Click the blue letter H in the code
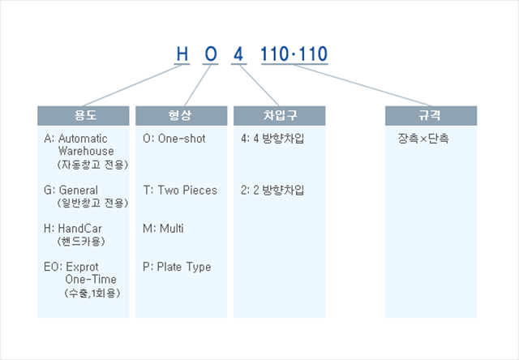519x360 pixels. pyautogui.click(x=182, y=54)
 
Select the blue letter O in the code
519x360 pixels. pyautogui.click(x=211, y=54)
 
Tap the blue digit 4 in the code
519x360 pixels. pyautogui.click(x=238, y=54)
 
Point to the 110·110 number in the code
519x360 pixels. pyautogui.click(x=294, y=54)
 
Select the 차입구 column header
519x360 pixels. pyautogui.click(x=279, y=115)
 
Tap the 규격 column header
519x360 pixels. pyautogui.click(x=431, y=115)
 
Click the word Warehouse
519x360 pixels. pyautogui.click(x=86, y=151)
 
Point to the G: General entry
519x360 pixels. pyautogui.click(x=71, y=190)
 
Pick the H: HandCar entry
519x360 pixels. pyautogui.click(x=73, y=229)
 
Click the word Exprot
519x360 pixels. pyautogui.click(x=82, y=267)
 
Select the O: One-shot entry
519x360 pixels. pyautogui.click(x=174, y=139)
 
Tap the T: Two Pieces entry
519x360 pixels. pyautogui.click(x=180, y=190)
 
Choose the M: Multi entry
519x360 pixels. pyautogui.click(x=163, y=229)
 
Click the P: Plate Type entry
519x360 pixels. pyautogui.click(x=177, y=267)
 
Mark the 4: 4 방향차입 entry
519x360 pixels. pyautogui.click(x=272, y=139)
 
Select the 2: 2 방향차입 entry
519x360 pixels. pyautogui.click(x=272, y=190)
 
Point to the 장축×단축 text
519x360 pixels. pyautogui.click(x=423, y=139)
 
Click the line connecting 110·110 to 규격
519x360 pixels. pyautogui.click(x=362, y=85)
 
